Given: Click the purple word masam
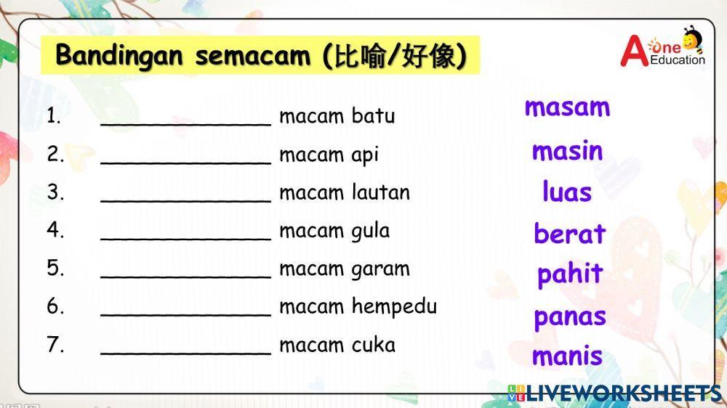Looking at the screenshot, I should [x=567, y=107].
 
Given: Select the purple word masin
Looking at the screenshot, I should [x=567, y=151].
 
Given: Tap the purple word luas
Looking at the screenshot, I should [x=567, y=192].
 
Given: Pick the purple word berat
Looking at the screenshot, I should [x=569, y=234].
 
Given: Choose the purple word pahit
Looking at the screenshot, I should [x=570, y=274].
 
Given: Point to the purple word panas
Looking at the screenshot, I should [x=570, y=317].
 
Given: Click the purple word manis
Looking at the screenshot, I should [x=567, y=356].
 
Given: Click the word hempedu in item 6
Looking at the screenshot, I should [x=394, y=307].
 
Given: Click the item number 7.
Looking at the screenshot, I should [x=55, y=344].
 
